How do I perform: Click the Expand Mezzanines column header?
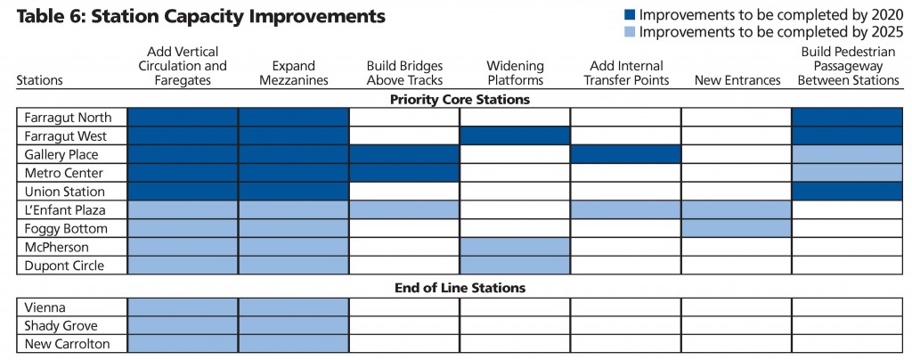(x=292, y=72)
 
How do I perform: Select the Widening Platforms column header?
(x=515, y=72)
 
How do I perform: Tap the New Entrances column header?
(x=737, y=80)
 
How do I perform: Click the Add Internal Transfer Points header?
(x=625, y=72)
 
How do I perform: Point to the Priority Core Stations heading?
(x=460, y=99)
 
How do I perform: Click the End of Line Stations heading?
(x=460, y=288)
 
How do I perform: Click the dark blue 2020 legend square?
(x=630, y=15)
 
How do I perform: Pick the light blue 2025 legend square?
(x=630, y=33)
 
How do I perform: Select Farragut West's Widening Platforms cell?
(x=515, y=135)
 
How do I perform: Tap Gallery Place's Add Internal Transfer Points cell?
(x=625, y=154)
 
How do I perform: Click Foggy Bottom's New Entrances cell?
(x=737, y=228)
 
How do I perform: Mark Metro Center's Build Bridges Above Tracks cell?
(x=403, y=173)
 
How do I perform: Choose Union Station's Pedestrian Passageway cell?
(x=847, y=192)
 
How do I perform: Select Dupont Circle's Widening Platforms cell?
(x=515, y=266)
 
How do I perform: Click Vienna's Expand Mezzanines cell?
(x=292, y=307)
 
